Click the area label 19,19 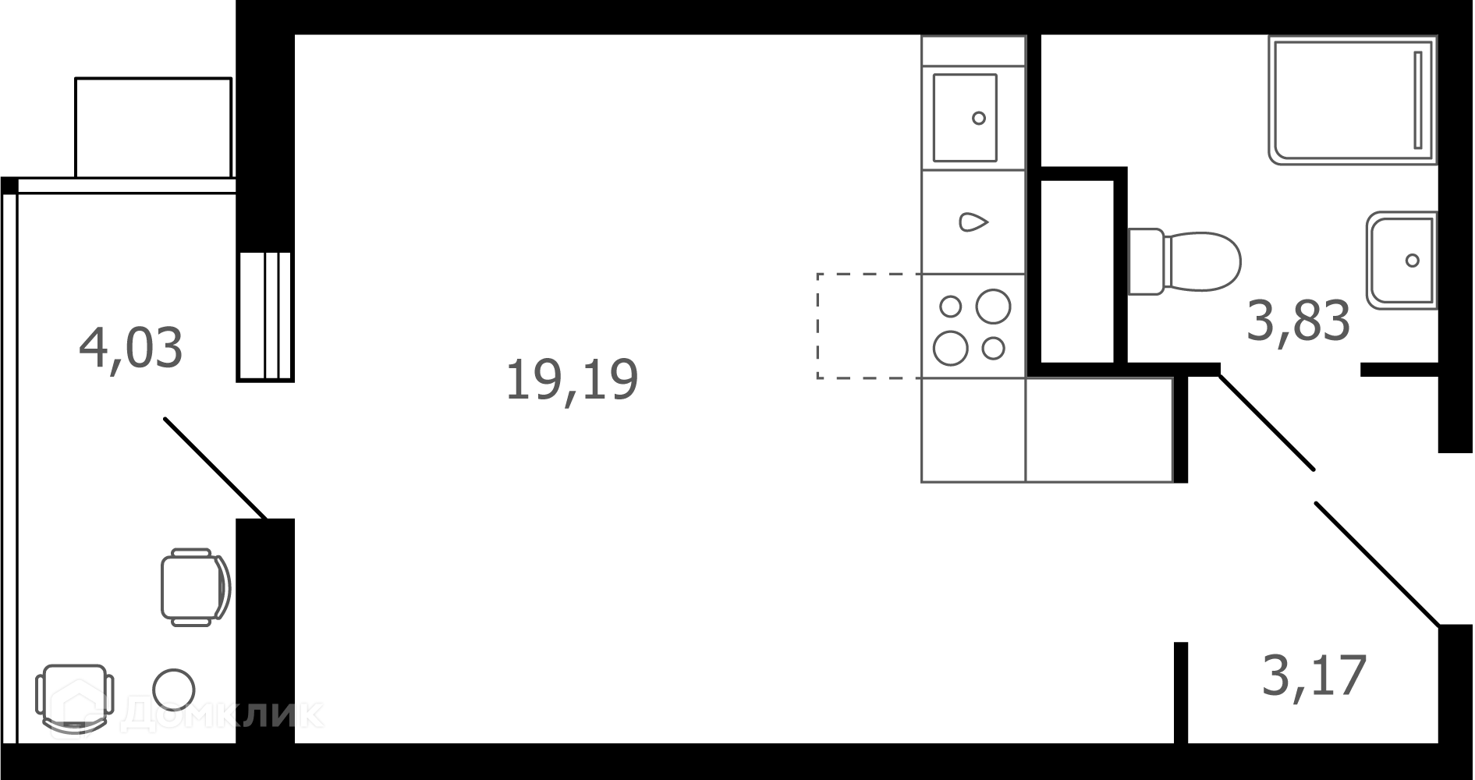[x=572, y=380]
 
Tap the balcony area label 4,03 [x=131, y=348]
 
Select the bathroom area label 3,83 [x=1298, y=321]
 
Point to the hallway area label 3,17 [x=1314, y=675]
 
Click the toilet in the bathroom [x=1184, y=261]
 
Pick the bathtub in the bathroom [x=1352, y=100]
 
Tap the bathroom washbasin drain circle [x=1412, y=261]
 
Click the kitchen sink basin [x=965, y=118]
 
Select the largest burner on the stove [x=993, y=306]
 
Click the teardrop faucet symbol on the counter [x=973, y=222]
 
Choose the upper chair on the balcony [x=195, y=587]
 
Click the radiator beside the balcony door [x=265, y=315]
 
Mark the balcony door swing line [x=215, y=468]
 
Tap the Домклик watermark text [x=222, y=714]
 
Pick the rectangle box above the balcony [x=154, y=127]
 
